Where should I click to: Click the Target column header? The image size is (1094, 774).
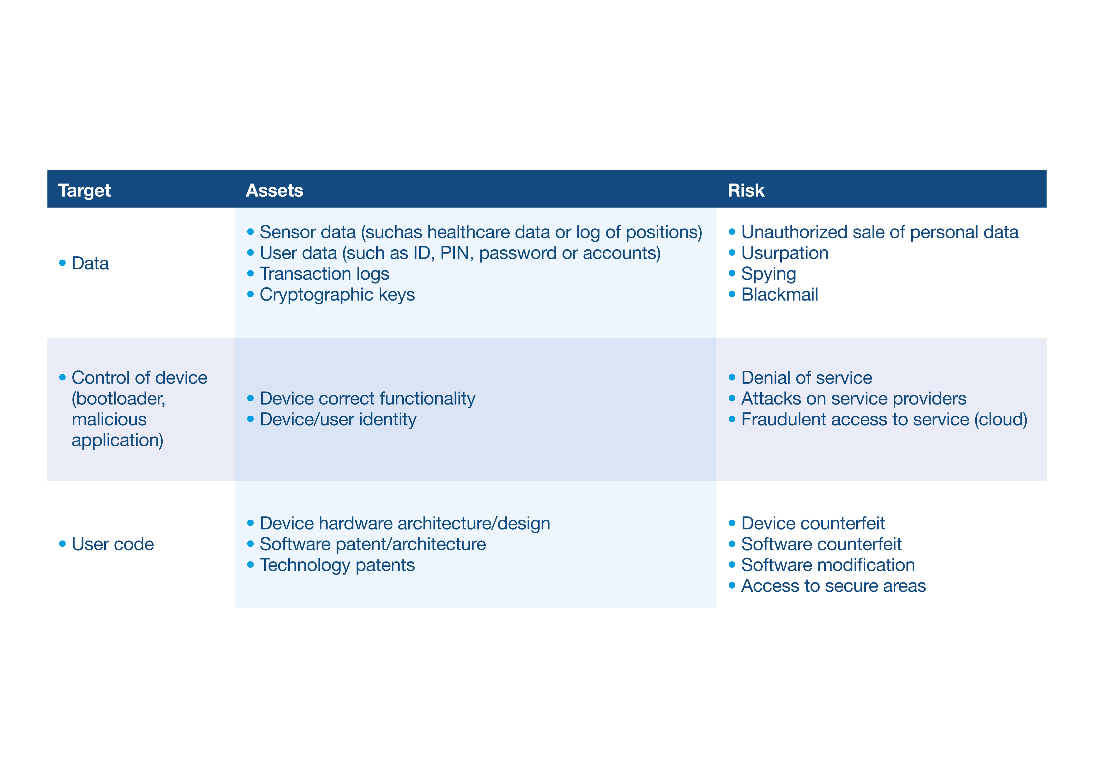(84, 191)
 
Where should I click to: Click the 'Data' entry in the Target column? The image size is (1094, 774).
(90, 263)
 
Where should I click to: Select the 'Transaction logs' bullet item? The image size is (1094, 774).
(324, 274)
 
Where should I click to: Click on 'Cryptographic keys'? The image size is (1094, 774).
(337, 295)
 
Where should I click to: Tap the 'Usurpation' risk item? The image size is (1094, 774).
(785, 253)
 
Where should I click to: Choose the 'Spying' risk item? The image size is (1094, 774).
(769, 274)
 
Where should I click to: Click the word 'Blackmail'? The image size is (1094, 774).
(780, 295)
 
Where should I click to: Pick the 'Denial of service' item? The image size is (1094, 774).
(807, 378)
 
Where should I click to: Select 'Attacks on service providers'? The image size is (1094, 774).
(853, 399)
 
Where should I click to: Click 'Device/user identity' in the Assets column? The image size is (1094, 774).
(338, 420)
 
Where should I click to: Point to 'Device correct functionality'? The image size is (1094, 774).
(367, 399)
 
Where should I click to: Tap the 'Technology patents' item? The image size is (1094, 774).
(337, 565)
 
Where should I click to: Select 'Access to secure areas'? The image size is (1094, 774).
(833, 586)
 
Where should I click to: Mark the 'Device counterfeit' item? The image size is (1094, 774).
(813, 523)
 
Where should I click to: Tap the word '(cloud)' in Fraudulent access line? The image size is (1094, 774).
(1001, 420)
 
